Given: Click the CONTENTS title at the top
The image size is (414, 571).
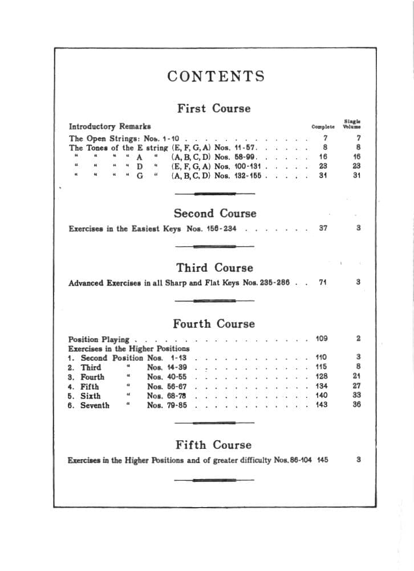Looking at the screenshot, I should [216, 77].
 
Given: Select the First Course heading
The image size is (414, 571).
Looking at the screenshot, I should [213, 108].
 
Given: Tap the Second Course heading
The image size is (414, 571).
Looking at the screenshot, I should [215, 214].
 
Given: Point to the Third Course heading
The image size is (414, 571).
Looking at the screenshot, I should [214, 268].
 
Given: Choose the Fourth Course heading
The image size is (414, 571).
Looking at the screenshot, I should [214, 324].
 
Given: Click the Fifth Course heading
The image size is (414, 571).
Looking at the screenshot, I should [213, 445].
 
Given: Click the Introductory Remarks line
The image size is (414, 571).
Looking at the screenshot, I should [110, 126].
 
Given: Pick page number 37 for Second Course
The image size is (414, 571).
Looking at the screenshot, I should [323, 228].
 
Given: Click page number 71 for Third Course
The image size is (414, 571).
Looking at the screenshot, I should [323, 282].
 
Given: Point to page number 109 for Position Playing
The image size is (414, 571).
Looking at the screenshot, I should [322, 339].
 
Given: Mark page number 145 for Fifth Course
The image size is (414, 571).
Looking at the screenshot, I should [322, 460].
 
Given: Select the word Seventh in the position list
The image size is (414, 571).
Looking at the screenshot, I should [95, 405].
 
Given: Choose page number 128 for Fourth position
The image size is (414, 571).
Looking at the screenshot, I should [322, 377].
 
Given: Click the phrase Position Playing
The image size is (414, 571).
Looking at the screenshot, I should [99, 339].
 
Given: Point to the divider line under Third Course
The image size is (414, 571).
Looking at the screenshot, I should [214, 300].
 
